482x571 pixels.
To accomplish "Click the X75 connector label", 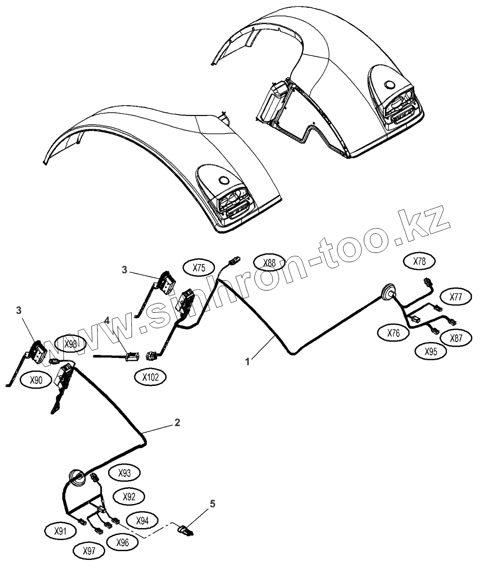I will point(199,268).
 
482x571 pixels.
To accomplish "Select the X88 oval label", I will point(270,264).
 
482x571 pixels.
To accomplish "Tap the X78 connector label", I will point(419,261).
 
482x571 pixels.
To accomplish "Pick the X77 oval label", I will point(455,297).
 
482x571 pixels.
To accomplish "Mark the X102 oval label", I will point(151,377).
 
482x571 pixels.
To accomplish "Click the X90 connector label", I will point(36,380).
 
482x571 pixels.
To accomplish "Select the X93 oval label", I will point(125,473).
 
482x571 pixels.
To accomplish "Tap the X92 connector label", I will point(129,497).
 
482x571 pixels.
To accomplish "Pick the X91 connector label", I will point(60,531).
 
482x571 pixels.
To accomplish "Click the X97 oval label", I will point(89,551).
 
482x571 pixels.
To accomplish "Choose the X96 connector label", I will point(122,543).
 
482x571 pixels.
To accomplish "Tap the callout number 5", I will point(212,504).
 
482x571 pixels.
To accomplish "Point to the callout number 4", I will point(106,320).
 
